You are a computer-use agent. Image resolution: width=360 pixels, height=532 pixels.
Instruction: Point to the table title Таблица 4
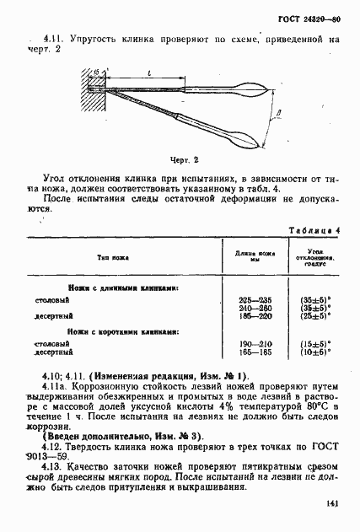click(314, 230)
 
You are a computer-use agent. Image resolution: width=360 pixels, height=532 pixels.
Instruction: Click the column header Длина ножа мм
click(244, 256)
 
